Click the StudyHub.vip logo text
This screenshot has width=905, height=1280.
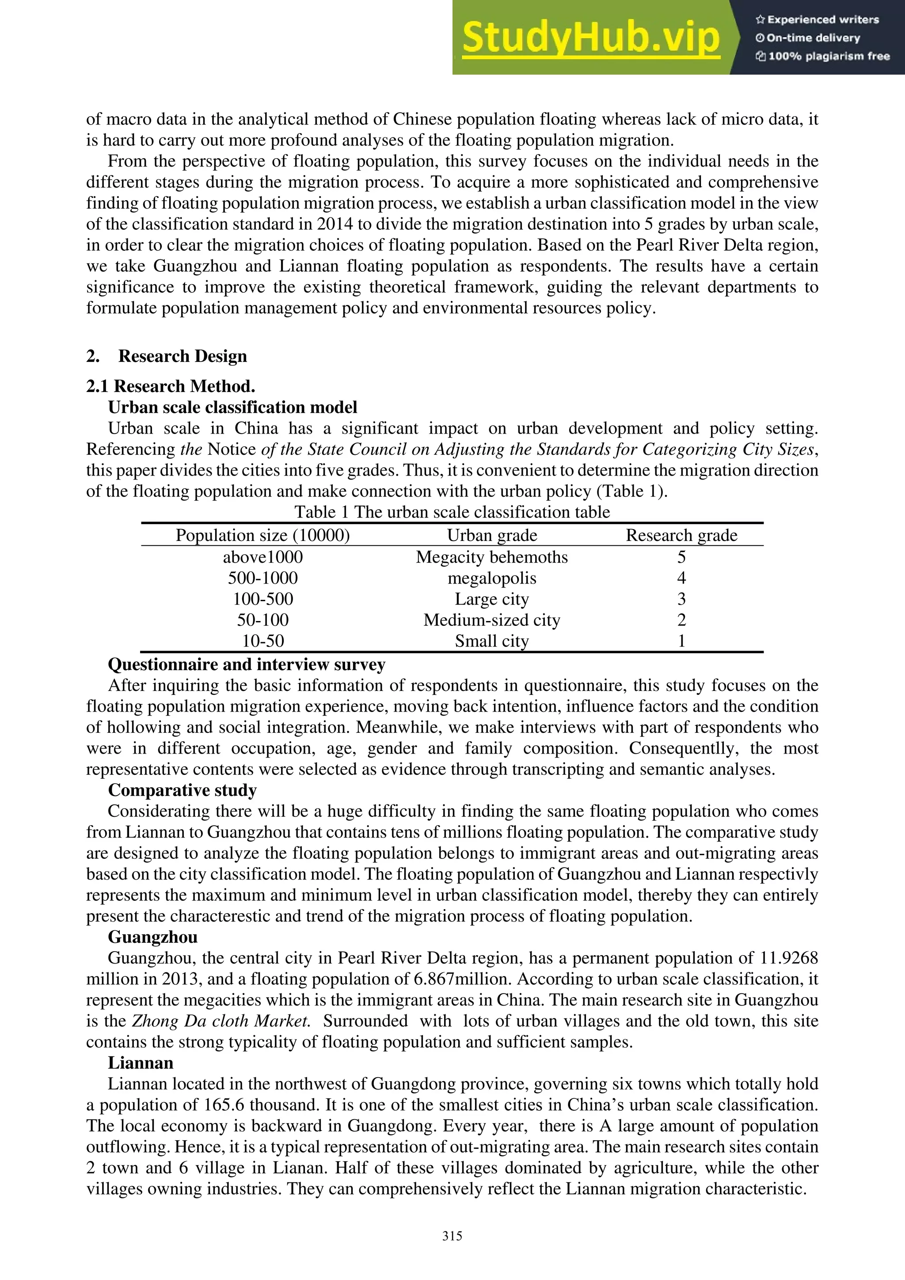591,38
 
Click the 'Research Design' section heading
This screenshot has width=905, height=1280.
182,356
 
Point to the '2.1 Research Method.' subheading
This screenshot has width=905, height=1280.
171,386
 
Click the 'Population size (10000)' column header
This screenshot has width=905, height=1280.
262,536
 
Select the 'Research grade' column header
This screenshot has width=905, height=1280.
681,536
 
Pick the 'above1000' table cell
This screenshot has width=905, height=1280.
262,557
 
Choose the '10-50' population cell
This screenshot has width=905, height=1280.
262,641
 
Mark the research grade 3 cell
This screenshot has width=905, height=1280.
681,599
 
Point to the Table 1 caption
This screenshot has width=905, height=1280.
452,512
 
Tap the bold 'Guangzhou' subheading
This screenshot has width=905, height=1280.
153,937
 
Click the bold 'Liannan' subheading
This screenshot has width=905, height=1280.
141,1063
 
